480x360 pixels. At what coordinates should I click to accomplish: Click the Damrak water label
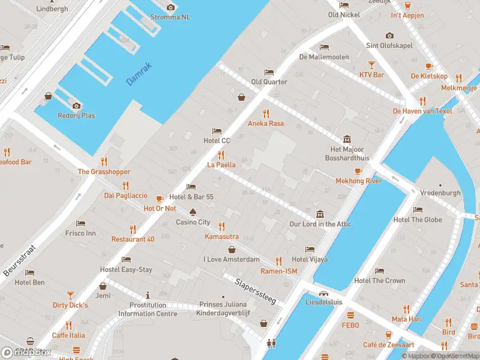pyautogui.click(x=139, y=74)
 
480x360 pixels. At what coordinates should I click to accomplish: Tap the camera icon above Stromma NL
pyautogui.click(x=170, y=7)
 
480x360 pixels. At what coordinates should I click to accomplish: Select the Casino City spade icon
pyautogui.click(x=193, y=212)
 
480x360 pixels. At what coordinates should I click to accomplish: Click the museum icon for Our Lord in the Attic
pyautogui.click(x=320, y=214)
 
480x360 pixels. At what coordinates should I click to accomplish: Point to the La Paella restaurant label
pyautogui.click(x=221, y=164)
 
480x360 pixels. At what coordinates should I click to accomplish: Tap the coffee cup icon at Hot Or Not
pyautogui.click(x=160, y=199)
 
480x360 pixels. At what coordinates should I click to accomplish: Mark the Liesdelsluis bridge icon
pyautogui.click(x=323, y=293)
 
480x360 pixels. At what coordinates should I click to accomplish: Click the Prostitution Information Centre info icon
pyautogui.click(x=148, y=296)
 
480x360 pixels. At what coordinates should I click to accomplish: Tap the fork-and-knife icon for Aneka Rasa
pyautogui.click(x=266, y=113)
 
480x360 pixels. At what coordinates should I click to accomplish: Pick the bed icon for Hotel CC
pyautogui.click(x=217, y=131)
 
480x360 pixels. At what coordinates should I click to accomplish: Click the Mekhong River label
pyautogui.click(x=358, y=181)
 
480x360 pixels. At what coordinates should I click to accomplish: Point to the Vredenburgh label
pyautogui.click(x=440, y=193)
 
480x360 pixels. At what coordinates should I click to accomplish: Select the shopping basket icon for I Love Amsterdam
pyautogui.click(x=231, y=250)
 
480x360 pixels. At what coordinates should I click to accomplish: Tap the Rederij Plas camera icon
pyautogui.click(x=76, y=106)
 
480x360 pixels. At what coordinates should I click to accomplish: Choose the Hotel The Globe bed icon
pyautogui.click(x=418, y=209)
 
